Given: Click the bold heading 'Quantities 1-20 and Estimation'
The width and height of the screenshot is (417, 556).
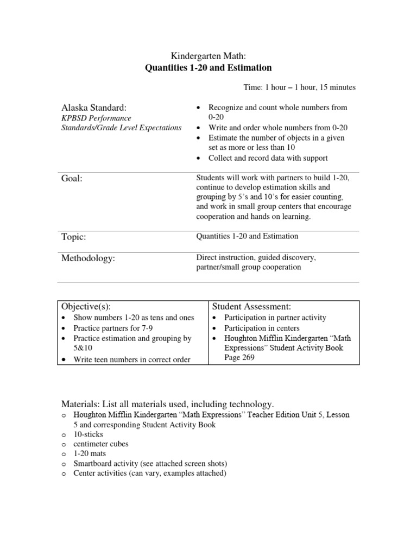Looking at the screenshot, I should [208, 68].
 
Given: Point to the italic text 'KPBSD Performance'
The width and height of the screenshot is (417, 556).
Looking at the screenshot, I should [95, 118].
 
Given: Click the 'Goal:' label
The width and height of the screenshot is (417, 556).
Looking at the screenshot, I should [72, 179].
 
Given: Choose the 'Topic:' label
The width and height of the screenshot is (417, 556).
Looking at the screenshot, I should [74, 237].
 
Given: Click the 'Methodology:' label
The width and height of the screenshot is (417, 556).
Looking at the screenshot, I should [88, 259].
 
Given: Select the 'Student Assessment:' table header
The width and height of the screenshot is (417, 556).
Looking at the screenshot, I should [251, 307].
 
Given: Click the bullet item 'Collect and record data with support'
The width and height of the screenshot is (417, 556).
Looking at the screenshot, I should [268, 158].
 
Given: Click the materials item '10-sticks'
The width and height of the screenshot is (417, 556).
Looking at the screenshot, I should [88, 435].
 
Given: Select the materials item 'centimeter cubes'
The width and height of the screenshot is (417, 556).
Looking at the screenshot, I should [101, 444].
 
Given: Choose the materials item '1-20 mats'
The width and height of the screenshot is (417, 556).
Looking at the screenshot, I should [90, 454].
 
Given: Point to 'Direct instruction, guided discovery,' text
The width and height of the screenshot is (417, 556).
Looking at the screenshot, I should [255, 257].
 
